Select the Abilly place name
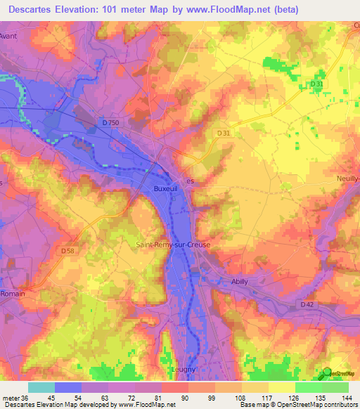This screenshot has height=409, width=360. click(x=240, y=281)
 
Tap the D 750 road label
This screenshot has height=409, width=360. click(x=110, y=123)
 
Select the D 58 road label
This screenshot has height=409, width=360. click(x=67, y=250)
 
